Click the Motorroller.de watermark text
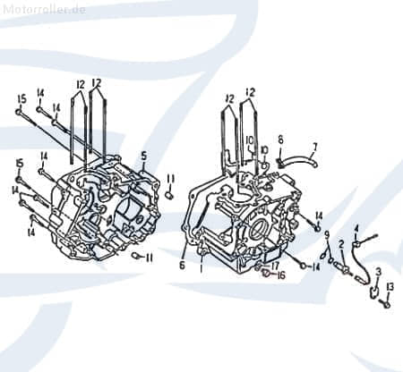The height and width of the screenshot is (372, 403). pyautogui.click(x=44, y=8)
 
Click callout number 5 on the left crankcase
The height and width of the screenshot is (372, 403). pyautogui.click(x=143, y=156)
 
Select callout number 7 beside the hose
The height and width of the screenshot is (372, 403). pyautogui.click(x=314, y=146)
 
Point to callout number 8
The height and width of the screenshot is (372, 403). pyautogui.click(x=279, y=139)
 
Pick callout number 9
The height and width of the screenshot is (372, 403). pyautogui.click(x=327, y=235)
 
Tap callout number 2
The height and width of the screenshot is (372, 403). pyautogui.click(x=340, y=244)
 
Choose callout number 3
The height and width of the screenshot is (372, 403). pyautogui.click(x=378, y=271)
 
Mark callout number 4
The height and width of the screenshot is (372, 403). pyautogui.click(x=356, y=227)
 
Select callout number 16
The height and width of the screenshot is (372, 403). pyautogui.click(x=280, y=275)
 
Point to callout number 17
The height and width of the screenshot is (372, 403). pyautogui.click(x=275, y=265)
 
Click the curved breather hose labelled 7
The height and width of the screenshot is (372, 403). pyautogui.click(x=300, y=161)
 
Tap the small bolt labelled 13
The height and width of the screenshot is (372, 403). pyautogui.click(x=386, y=302)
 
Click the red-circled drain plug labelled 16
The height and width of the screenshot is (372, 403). pyautogui.click(x=266, y=274)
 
